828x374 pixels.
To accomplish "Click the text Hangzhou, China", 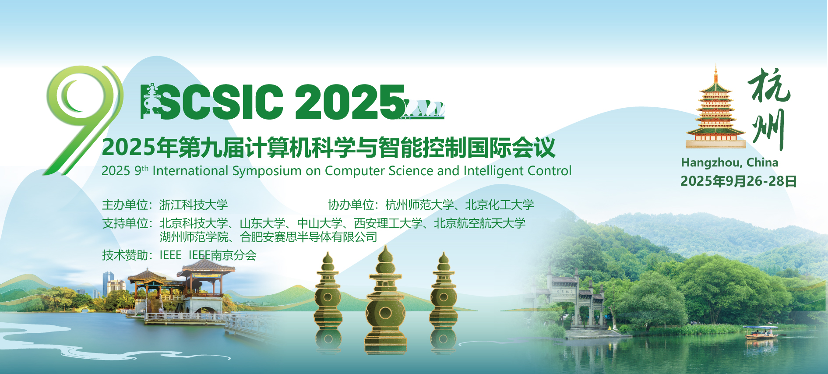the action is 729,163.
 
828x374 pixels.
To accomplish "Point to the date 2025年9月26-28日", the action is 738,181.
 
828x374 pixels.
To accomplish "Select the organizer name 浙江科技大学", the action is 194,205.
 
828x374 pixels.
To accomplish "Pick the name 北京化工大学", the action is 500,205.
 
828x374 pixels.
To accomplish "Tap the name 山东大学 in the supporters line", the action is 262,223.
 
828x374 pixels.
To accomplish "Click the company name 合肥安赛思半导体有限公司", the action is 309,237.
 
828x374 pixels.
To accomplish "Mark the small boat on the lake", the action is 761,333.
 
